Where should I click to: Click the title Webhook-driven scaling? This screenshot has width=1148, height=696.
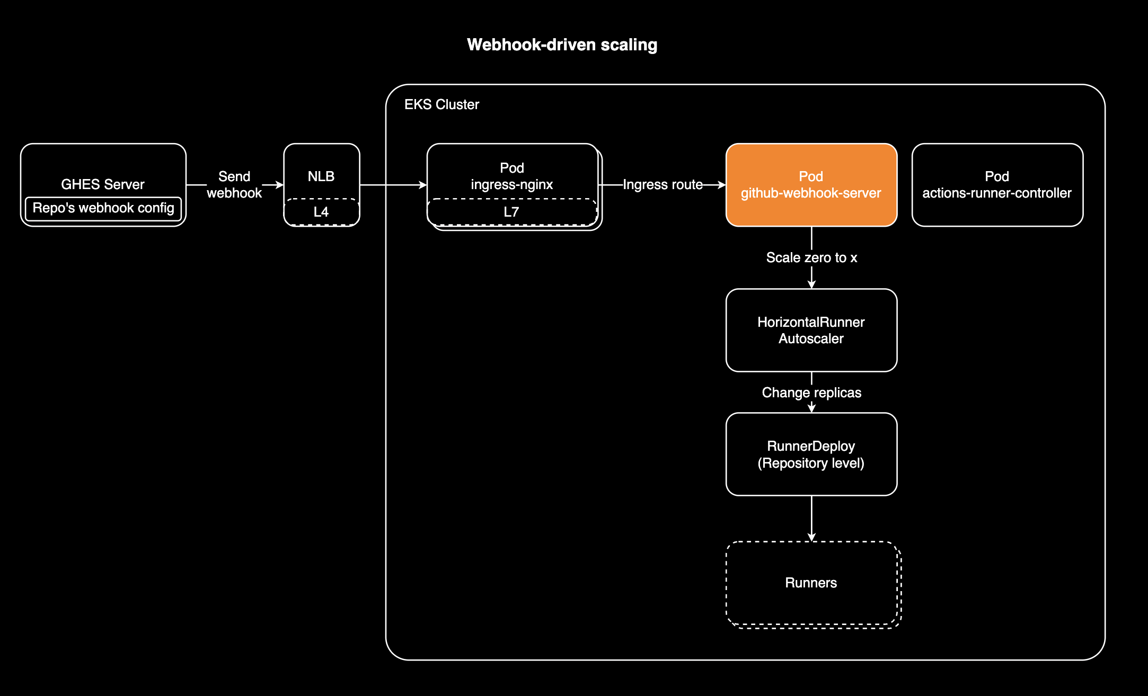[x=562, y=45]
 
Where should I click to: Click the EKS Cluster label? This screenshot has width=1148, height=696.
[x=441, y=104]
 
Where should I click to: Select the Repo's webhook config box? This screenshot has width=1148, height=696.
[x=103, y=208]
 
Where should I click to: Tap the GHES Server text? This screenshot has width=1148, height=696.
[x=103, y=184]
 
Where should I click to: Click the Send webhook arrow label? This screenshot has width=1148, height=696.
[x=234, y=185]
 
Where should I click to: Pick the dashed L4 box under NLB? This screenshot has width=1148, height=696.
[x=321, y=212]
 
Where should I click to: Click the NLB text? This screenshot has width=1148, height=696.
[x=321, y=176]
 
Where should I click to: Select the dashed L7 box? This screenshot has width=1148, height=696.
[x=511, y=212]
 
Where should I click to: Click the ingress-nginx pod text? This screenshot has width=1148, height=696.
[x=511, y=176]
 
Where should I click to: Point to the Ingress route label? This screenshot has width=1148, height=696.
[x=663, y=185]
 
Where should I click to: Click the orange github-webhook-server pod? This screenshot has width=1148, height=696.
[x=811, y=185]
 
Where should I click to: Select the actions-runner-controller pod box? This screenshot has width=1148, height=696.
[x=997, y=185]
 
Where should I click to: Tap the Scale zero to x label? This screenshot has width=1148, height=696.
[x=811, y=258]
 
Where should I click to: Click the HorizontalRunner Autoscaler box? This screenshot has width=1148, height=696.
[x=811, y=330]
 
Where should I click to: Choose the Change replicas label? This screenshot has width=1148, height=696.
[x=811, y=392]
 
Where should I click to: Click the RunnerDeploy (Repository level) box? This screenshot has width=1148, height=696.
[x=811, y=454]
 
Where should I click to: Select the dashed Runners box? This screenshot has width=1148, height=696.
[x=811, y=583]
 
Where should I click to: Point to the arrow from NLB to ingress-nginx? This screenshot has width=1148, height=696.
[x=393, y=185]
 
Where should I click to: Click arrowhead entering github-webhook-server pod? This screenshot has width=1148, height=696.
[x=721, y=185]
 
